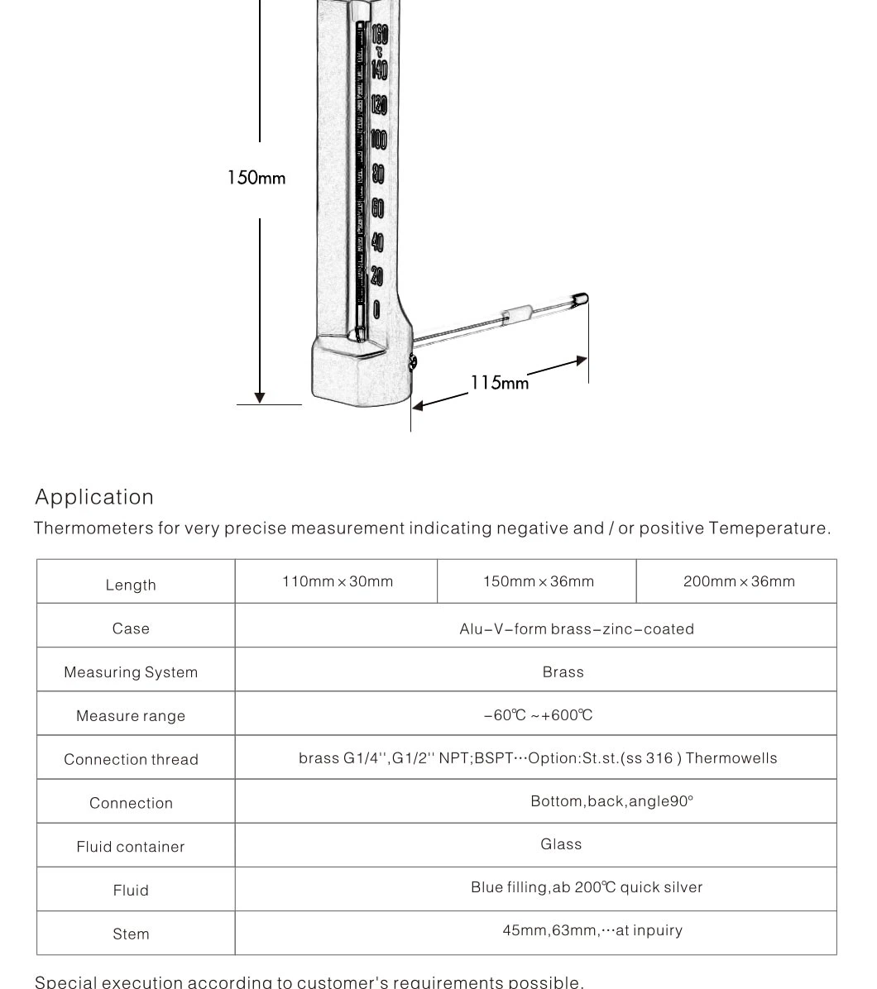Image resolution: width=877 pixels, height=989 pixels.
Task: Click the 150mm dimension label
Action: [256, 178]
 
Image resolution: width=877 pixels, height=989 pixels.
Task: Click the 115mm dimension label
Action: [500, 383]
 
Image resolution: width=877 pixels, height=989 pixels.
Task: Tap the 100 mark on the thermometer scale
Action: [378, 139]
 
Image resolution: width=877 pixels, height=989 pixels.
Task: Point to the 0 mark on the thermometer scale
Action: [376, 310]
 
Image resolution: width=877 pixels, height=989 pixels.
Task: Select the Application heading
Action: [94, 497]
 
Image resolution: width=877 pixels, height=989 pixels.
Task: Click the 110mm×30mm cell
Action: [337, 581]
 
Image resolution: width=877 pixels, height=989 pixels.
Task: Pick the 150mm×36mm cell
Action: [538, 581]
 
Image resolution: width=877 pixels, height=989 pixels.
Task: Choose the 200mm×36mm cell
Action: [739, 581]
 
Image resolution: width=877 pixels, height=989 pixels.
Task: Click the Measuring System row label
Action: [131, 672]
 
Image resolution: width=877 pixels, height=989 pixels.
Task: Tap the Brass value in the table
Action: [563, 672]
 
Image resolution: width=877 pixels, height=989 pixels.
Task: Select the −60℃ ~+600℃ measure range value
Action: [538, 715]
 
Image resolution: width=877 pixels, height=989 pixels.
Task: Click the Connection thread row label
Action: [131, 759]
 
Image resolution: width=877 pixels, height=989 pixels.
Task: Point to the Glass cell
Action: [561, 844]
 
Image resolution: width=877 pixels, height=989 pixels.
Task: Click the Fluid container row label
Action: [131, 847]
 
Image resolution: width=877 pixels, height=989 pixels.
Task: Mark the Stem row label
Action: [131, 934]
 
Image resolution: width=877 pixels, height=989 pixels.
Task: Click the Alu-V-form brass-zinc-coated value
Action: [577, 629]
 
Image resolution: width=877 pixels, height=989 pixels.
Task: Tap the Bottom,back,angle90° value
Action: [611, 801]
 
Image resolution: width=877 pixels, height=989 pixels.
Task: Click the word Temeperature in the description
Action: [769, 528]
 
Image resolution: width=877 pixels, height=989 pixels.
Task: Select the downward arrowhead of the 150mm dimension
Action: [260, 398]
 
